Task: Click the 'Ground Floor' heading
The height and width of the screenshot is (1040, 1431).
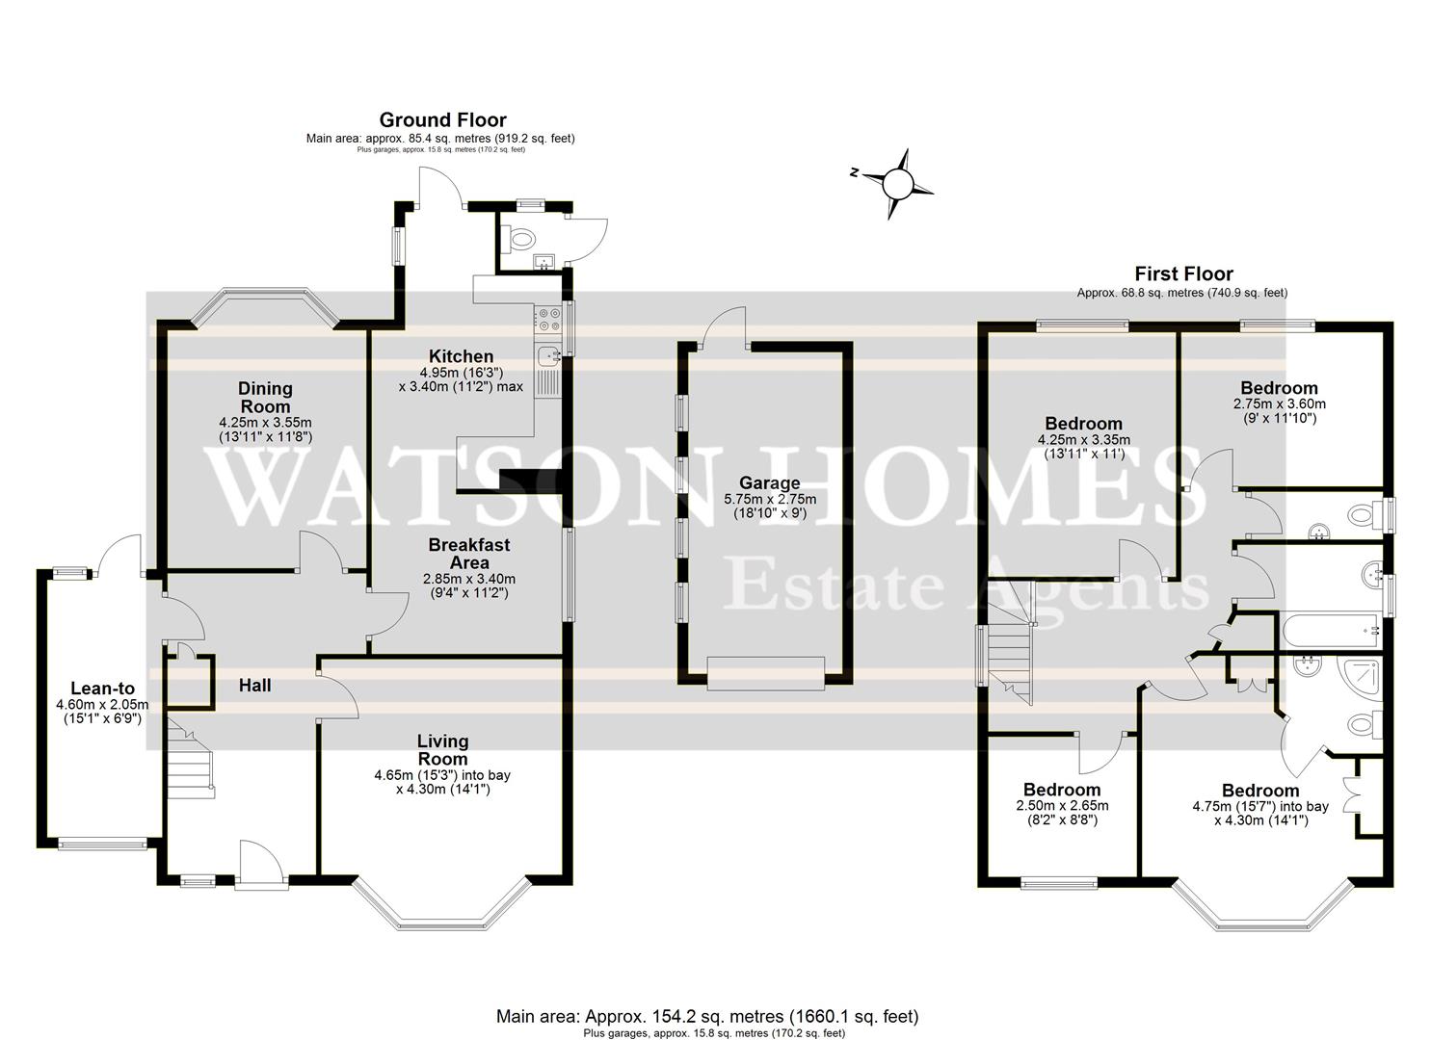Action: (x=442, y=120)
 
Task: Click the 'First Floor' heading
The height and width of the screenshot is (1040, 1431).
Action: (x=1183, y=274)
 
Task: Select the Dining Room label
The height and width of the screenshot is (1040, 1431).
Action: (x=265, y=397)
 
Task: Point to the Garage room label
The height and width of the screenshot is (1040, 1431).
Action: (x=769, y=483)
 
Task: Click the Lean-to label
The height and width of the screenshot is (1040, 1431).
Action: (x=102, y=689)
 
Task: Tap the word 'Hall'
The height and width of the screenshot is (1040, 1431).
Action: (x=254, y=686)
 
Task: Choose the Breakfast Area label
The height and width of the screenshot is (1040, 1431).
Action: (x=469, y=554)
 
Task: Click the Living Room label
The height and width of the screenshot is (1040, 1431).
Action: (x=442, y=749)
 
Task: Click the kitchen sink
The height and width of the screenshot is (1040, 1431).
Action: (x=549, y=355)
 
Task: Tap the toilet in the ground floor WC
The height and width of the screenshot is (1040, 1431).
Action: (x=521, y=237)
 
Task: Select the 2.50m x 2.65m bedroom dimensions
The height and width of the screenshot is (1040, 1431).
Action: (x=1062, y=806)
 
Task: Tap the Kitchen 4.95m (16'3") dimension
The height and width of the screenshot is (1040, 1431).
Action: (x=461, y=372)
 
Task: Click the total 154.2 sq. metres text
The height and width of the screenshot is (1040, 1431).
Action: (x=706, y=1016)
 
